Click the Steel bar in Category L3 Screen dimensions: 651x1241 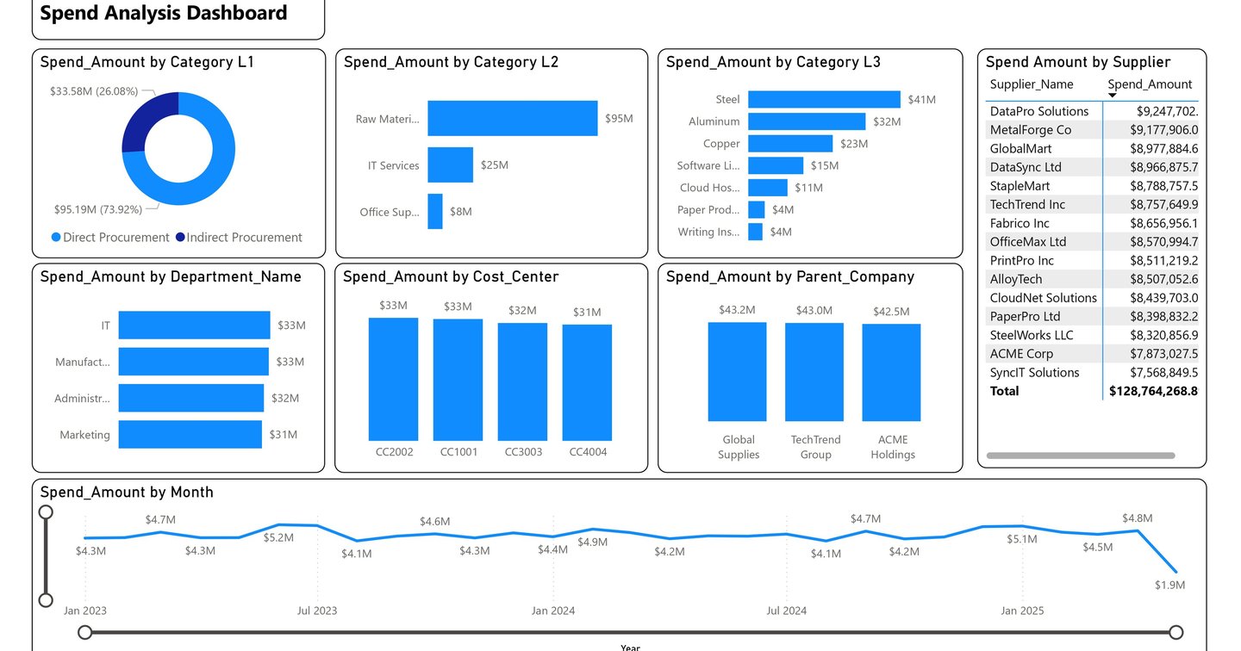click(x=824, y=100)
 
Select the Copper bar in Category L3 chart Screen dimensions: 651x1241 click(x=790, y=144)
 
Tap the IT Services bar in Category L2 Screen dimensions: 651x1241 click(x=450, y=165)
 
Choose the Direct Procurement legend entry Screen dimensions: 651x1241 click(x=110, y=238)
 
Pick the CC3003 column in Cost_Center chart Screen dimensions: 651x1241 click(x=522, y=381)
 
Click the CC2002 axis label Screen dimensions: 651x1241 click(x=393, y=452)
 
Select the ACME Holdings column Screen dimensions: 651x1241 click(x=891, y=372)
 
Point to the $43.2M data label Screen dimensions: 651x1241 click(x=737, y=310)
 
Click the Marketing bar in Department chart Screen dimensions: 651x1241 click(x=190, y=435)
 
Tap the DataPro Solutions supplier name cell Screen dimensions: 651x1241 click(x=1039, y=111)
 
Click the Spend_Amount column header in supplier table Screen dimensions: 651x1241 click(x=1150, y=84)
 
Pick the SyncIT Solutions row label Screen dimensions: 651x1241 click(x=1034, y=373)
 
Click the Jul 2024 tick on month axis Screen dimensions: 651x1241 click(x=786, y=611)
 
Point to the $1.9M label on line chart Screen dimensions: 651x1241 click(x=1169, y=586)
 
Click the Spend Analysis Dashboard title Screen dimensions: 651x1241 click(x=164, y=14)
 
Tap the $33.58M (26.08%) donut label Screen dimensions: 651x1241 click(x=94, y=91)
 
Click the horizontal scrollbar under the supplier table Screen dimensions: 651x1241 click(x=1080, y=456)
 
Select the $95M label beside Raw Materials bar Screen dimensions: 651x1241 click(x=618, y=119)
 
